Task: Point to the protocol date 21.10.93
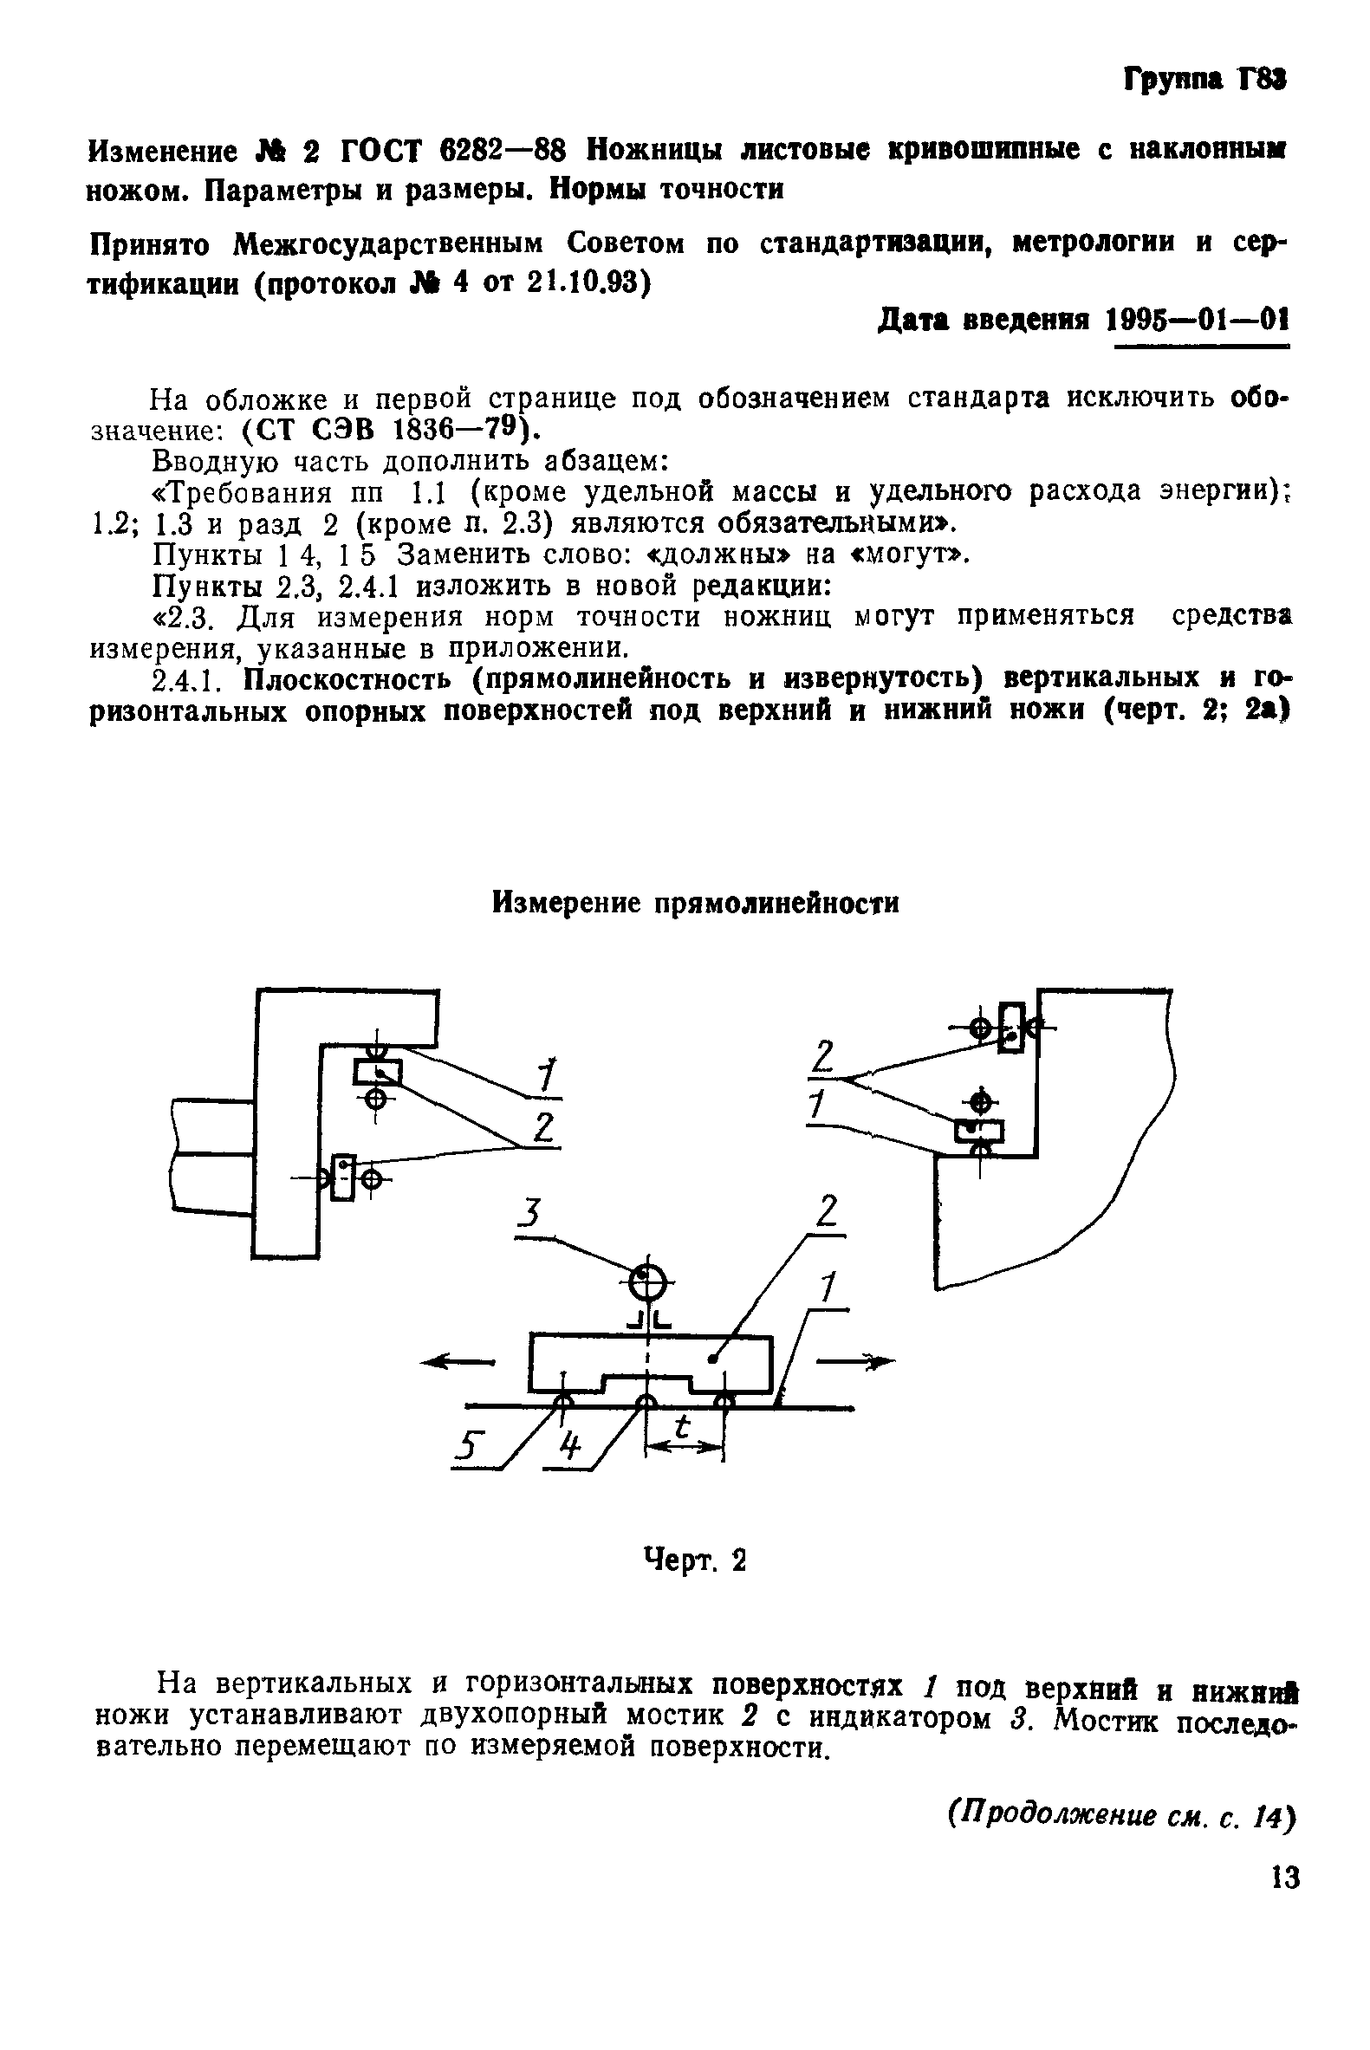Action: coord(586,282)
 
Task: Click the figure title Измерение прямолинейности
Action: coord(696,902)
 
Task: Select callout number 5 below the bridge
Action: coord(471,1449)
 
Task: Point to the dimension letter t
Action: coord(683,1427)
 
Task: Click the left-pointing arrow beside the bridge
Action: coord(456,1361)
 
